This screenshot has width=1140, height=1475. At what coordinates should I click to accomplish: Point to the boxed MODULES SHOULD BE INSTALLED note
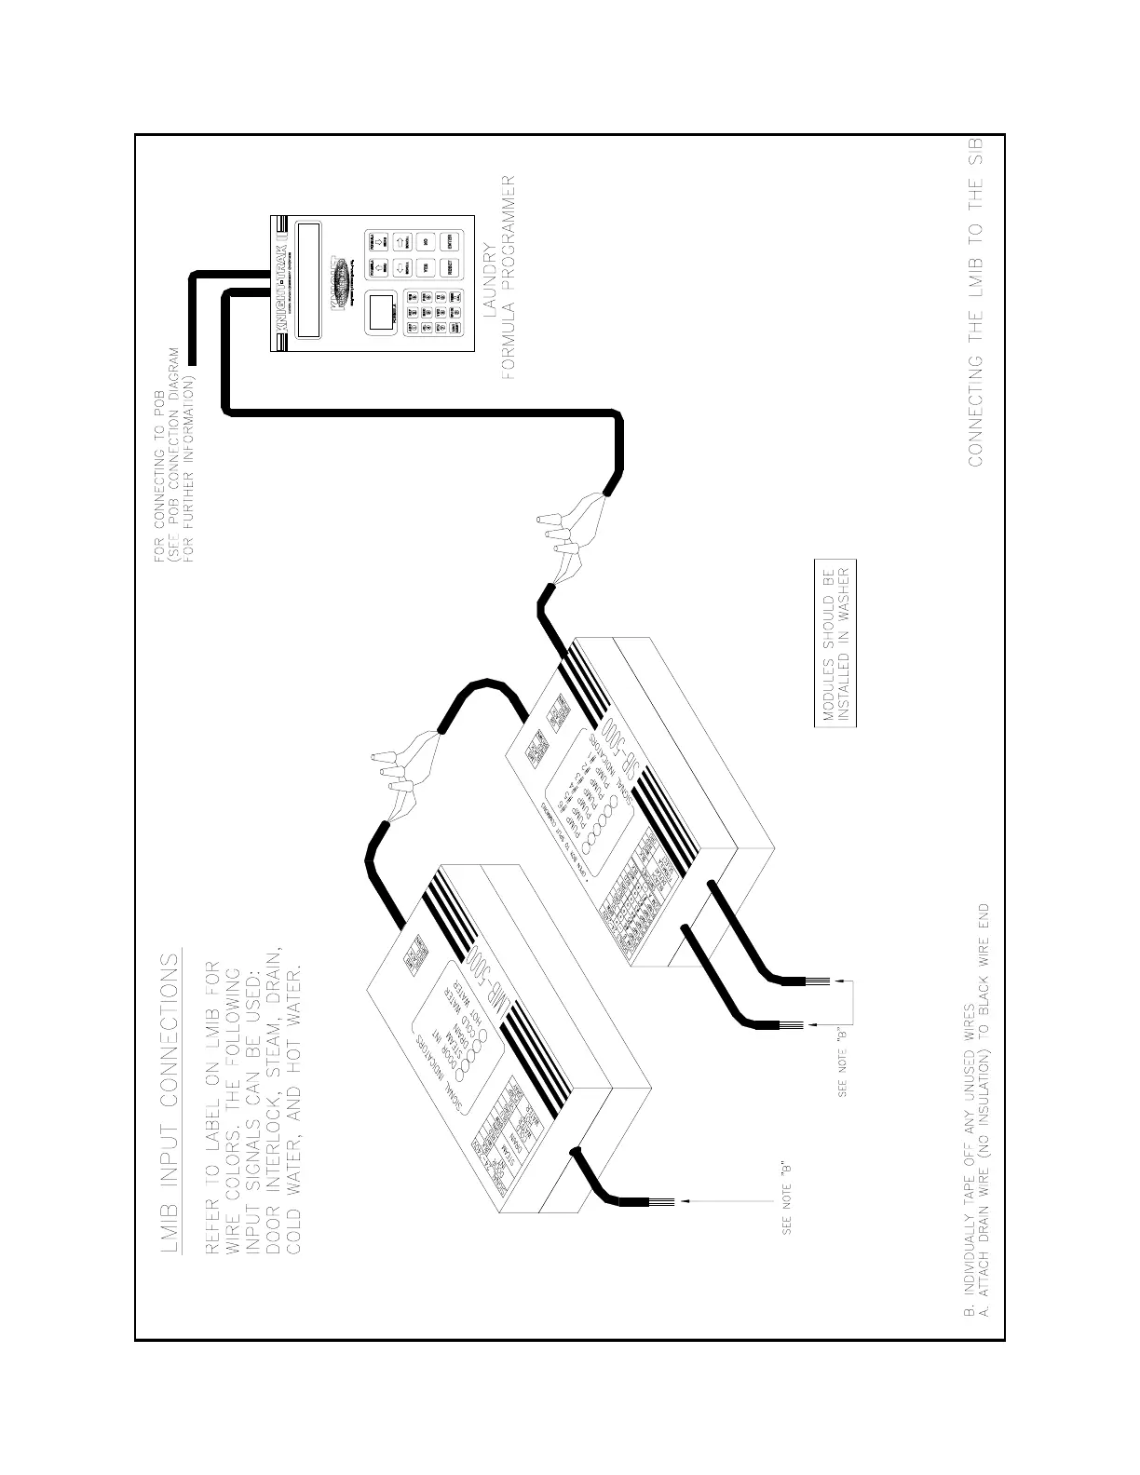point(835,643)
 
